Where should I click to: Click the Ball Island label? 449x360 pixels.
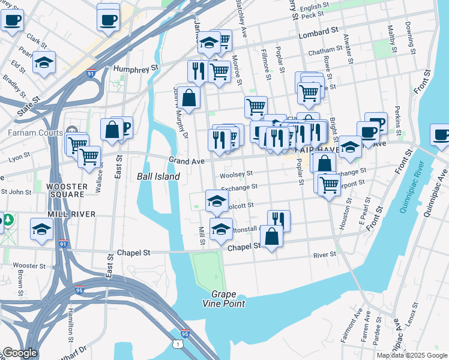point(158,176)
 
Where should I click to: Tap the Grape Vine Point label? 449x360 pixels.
point(228,299)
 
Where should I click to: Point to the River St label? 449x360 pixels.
point(325,255)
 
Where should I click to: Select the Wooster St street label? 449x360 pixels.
point(29,265)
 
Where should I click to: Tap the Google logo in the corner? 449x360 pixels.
point(20,353)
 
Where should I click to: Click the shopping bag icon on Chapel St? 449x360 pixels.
point(272,236)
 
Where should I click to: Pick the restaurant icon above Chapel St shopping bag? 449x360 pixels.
point(278,219)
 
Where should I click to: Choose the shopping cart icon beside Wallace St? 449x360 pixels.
point(89,157)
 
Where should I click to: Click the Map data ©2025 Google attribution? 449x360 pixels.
point(411,355)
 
